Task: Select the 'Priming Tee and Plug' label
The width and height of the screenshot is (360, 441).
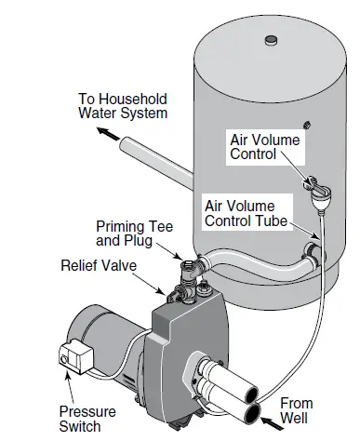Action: coord(132,234)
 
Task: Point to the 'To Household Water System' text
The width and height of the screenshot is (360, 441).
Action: coord(123,105)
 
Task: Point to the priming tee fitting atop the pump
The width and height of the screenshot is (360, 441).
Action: coord(191,265)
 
